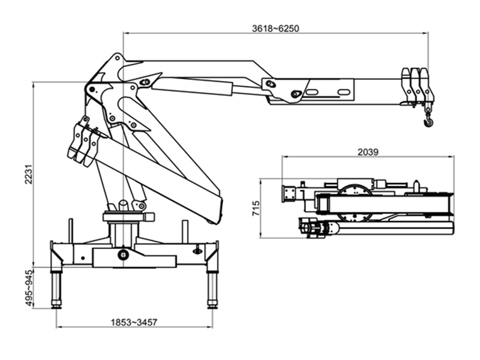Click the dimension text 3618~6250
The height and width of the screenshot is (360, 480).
[275, 28]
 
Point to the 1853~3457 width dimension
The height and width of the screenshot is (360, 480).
[134, 322]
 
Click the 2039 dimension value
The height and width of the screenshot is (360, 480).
[367, 152]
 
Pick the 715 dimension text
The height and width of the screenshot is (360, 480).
[257, 208]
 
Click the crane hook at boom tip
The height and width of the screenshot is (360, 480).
[428, 122]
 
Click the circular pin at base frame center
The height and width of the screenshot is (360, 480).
[123, 255]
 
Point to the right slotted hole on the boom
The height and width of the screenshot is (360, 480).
[343, 91]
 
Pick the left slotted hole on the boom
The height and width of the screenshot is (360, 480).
[313, 92]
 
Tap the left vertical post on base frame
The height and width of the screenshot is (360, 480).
[70, 230]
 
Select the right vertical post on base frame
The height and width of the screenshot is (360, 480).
[185, 230]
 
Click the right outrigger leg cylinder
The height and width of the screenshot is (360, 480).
[212, 285]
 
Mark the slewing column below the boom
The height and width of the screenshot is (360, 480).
[124, 231]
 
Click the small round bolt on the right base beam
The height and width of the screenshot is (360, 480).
[196, 251]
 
